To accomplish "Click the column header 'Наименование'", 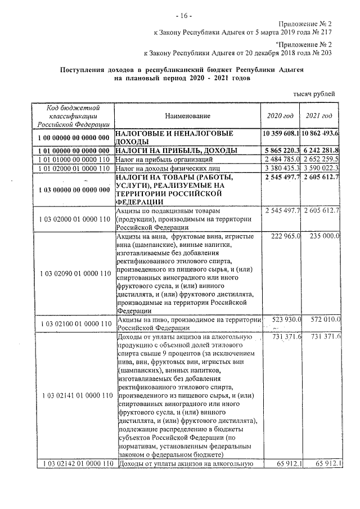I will point(188,116).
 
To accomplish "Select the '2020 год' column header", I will point(280,116).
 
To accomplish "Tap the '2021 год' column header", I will point(319,116).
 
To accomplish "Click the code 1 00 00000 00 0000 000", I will point(73,138).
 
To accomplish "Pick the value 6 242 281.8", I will point(319,151).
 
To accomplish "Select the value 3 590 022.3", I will point(319,168).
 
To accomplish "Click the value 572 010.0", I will point(322,319).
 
